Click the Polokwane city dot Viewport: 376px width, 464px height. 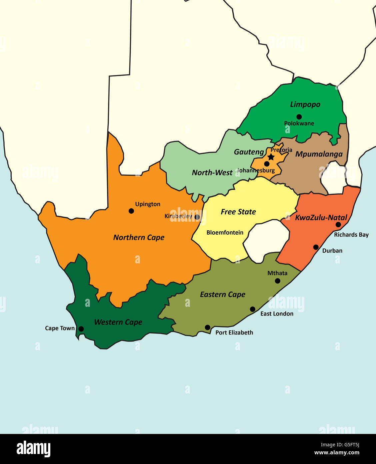299,117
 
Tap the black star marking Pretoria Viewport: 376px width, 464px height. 271,157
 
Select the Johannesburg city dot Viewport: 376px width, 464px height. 267,164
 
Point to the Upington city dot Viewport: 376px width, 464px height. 131,211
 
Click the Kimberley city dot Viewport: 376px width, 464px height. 197,217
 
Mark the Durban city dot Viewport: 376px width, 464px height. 316,247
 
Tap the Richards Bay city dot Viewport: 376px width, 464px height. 338,225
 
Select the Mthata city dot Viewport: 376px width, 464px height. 277,281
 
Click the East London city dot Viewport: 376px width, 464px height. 253,309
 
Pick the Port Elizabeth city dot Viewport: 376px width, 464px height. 207,327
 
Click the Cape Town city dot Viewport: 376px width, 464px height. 81,329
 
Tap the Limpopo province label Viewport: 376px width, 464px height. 305,104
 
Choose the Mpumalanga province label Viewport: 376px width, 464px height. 319,154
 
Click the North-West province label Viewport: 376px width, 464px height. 212,173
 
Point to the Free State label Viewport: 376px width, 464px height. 238,212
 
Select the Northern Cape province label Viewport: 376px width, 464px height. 139,237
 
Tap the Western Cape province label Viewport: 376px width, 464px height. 118,322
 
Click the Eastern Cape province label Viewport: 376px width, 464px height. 222,294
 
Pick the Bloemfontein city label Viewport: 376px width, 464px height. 225,233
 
